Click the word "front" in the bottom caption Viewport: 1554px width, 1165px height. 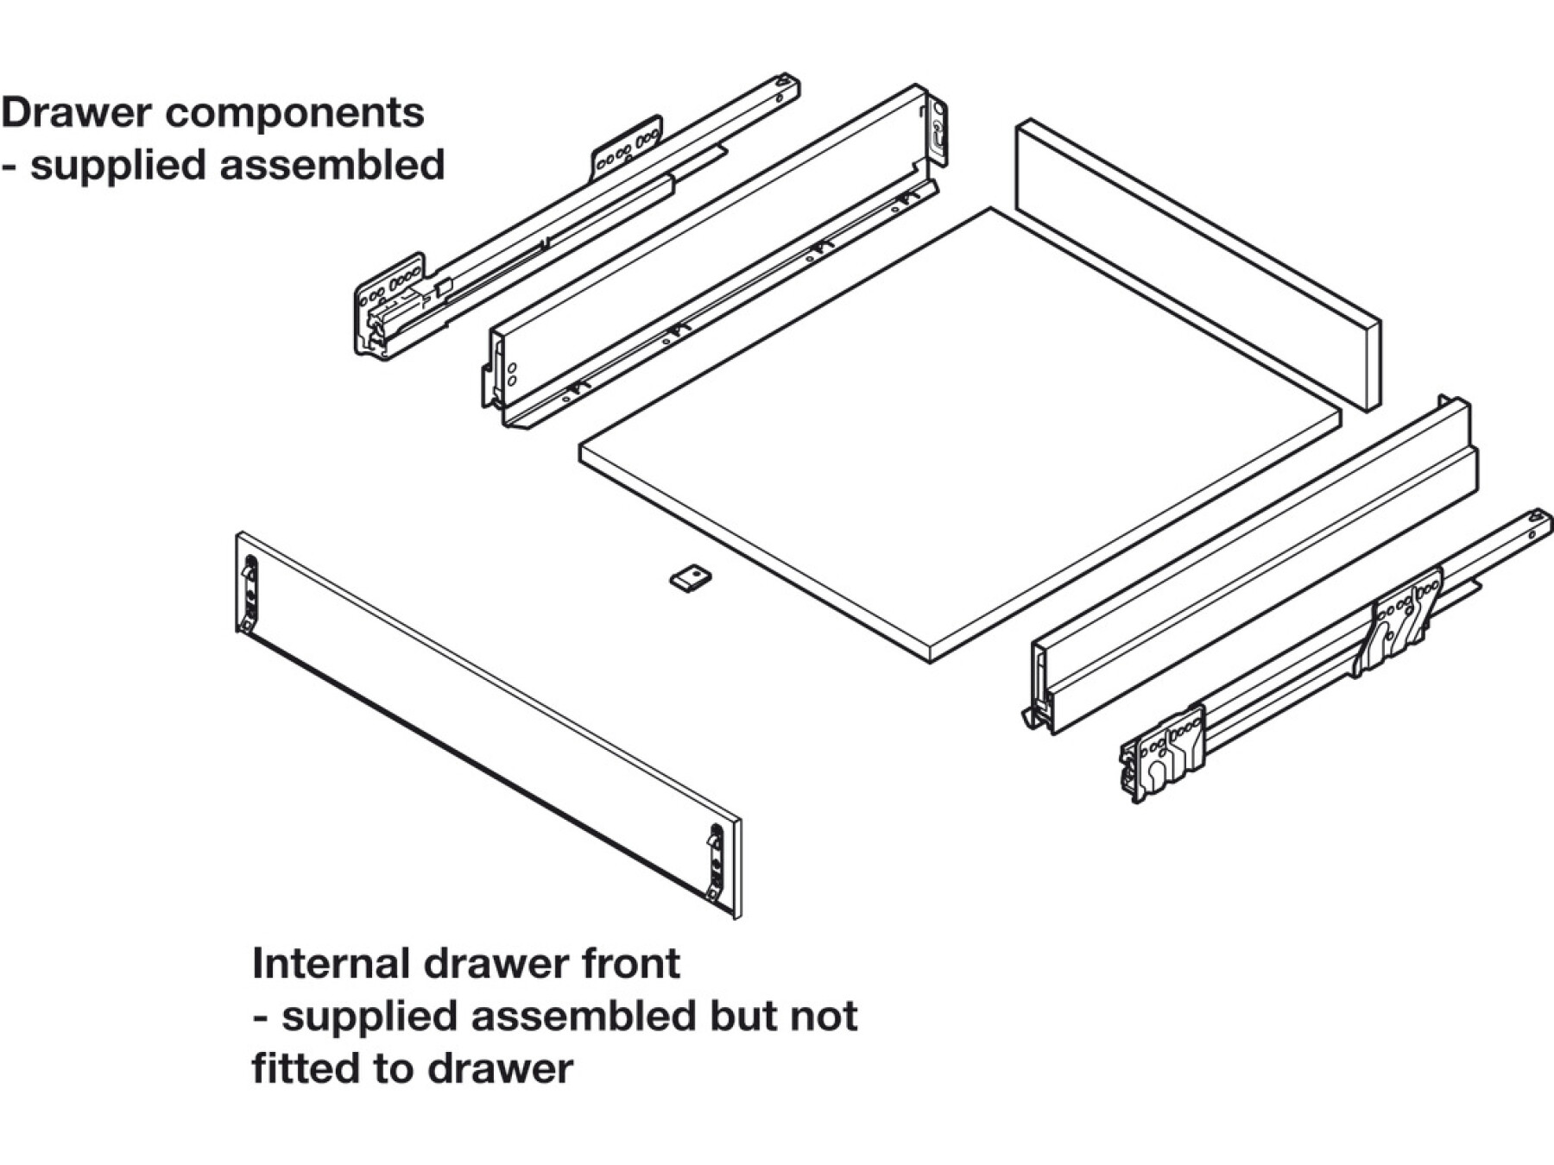pos(630,963)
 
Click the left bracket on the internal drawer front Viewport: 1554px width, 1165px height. pos(250,595)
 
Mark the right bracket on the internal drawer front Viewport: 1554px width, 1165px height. pos(715,863)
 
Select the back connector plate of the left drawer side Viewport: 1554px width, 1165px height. pos(937,131)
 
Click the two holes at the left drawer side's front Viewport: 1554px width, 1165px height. pos(511,374)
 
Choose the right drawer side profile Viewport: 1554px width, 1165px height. pos(1252,570)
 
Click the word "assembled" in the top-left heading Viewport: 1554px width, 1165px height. pos(332,165)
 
